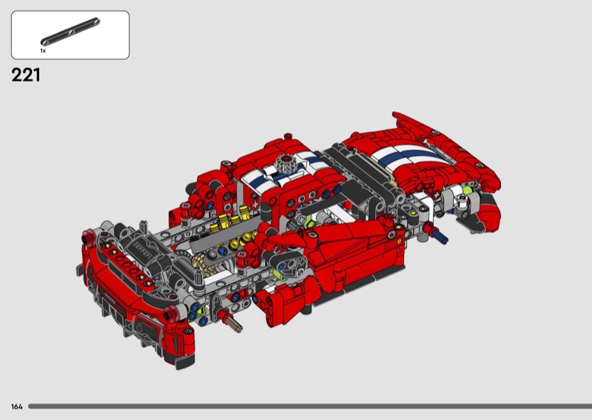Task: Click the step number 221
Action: pyautogui.click(x=26, y=75)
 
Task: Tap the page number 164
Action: pyautogui.click(x=16, y=407)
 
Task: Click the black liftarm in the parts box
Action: pyautogui.click(x=70, y=31)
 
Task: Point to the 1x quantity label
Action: pyautogui.click(x=43, y=50)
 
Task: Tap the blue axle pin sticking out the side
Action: pyautogui.click(x=438, y=234)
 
